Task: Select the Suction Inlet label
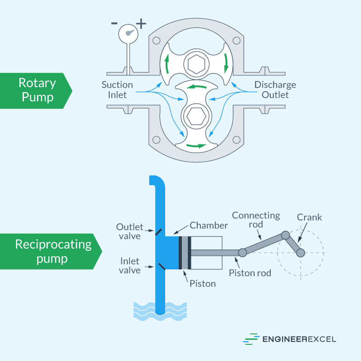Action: point(117,90)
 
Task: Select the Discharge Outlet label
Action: point(275,90)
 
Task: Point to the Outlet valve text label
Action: point(129,231)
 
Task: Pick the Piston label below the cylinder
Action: point(203,283)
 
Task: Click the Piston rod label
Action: point(250,273)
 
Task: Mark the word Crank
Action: point(310,217)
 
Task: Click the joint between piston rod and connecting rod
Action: point(242,252)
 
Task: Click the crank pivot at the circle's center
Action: point(301,252)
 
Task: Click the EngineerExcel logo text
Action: point(298,339)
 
